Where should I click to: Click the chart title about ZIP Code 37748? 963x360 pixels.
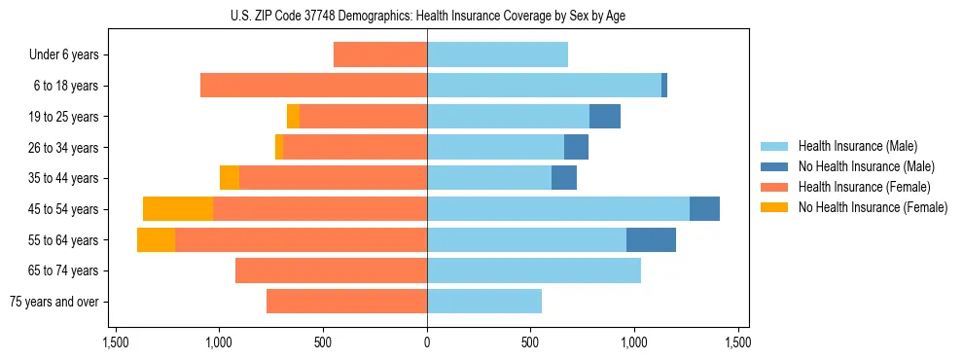tap(427, 16)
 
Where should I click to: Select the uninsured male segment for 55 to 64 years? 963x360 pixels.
tap(651, 239)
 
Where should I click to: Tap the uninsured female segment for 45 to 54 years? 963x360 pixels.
tap(178, 209)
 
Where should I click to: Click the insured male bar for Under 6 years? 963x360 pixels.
tap(497, 54)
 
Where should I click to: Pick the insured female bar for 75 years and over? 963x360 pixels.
tap(346, 302)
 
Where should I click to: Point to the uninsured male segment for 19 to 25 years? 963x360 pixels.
tap(605, 117)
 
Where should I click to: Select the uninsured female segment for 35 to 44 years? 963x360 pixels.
tap(230, 178)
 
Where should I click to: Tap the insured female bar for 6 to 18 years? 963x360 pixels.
tap(313, 86)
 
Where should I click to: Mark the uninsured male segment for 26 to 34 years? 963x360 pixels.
tap(576, 147)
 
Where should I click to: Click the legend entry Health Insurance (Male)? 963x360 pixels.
tap(857, 146)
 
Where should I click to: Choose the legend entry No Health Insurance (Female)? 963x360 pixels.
tap(873, 207)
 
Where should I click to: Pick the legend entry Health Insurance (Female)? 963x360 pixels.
tap(864, 187)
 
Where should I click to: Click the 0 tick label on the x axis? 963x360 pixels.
tap(427, 342)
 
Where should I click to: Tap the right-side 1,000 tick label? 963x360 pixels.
tap(633, 342)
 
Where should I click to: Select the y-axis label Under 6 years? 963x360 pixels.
tap(63, 55)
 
